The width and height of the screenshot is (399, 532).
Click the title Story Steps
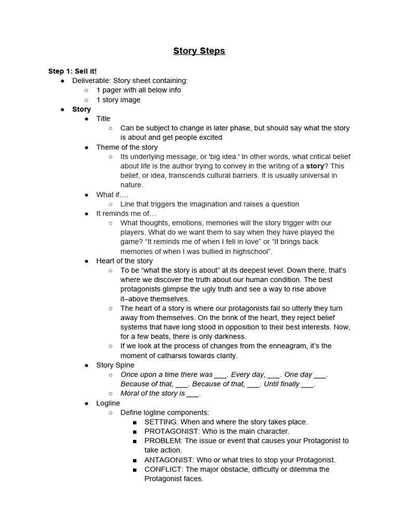pos(199,51)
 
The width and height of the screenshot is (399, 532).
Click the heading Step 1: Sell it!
pos(72,71)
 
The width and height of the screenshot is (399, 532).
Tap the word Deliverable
pos(91,81)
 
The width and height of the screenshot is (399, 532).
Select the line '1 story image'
pos(118,100)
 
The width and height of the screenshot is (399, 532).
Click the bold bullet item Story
pos(82,109)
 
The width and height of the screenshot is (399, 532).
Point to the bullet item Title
pos(103,118)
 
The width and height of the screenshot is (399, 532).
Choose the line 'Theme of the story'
pos(127,147)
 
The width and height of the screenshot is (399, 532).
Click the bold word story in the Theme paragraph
pos(315,166)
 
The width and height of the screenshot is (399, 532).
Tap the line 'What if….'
pos(112,194)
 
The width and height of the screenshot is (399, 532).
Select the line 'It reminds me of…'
pos(126,214)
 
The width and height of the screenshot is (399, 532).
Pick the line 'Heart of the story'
pos(124,261)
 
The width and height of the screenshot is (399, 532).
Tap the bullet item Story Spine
pos(115,365)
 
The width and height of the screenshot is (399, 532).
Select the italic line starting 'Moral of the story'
pos(160,393)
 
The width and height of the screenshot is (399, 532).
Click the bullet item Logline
pos(108,403)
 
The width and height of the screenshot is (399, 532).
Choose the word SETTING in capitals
pos(161,422)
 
